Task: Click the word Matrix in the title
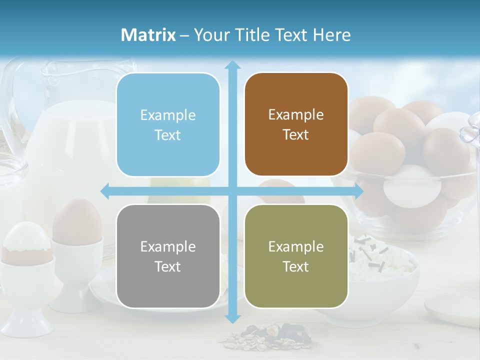[148, 35]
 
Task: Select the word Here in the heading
[331, 35]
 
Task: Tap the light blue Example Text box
[168, 125]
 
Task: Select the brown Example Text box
[296, 124]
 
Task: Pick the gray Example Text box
[168, 256]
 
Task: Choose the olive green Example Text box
[296, 256]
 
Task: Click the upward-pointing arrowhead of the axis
[232, 65]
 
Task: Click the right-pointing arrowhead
[359, 191]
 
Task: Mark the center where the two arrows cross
[232, 191]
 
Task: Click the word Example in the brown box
[296, 114]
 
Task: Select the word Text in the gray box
[168, 266]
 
